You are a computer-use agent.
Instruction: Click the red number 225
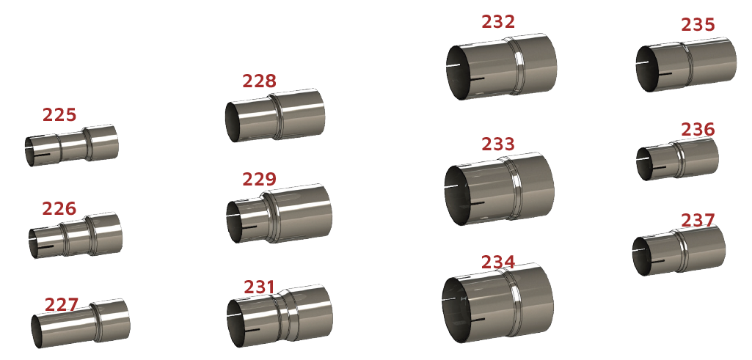(x=59, y=115)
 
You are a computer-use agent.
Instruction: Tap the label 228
(x=260, y=81)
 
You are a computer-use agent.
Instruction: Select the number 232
(x=498, y=21)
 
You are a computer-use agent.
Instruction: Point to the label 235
(x=698, y=24)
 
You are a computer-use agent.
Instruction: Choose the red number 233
(x=498, y=144)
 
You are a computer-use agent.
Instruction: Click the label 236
(x=698, y=130)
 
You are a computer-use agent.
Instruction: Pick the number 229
(x=260, y=180)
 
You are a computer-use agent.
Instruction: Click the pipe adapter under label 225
(x=71, y=145)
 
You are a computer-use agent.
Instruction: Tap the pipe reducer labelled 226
(x=76, y=235)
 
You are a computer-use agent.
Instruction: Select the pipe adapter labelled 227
(x=81, y=323)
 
